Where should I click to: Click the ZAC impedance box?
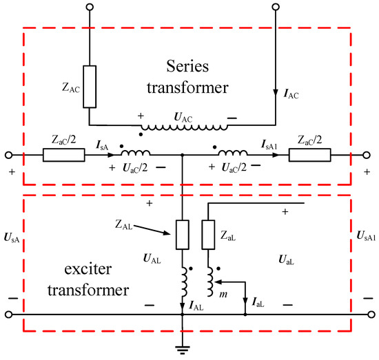click(90, 87)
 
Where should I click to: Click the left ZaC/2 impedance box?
click(63, 156)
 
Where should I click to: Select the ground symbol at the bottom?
click(182, 348)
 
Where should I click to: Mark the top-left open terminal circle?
click(90, 9)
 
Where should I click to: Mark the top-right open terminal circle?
click(276, 9)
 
